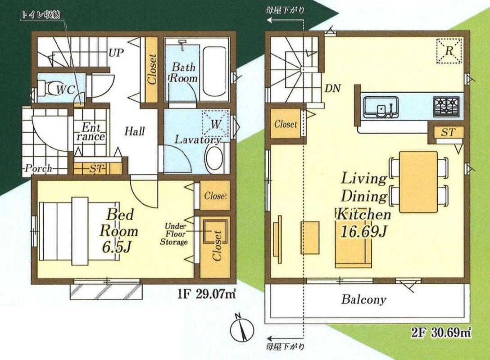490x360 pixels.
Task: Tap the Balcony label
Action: [x=363, y=299]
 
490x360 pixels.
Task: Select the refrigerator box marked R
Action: [x=449, y=50]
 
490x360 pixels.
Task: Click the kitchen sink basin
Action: [x=381, y=107]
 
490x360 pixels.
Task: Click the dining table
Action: [x=418, y=182]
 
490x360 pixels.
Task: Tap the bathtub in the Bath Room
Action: [x=214, y=72]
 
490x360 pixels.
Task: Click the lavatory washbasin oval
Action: [x=215, y=159]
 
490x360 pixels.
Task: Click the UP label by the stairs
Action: [x=116, y=53]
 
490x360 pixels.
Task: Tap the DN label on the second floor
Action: [x=332, y=88]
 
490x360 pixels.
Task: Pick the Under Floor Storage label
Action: [x=174, y=234]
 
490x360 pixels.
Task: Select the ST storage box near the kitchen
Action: [x=448, y=132]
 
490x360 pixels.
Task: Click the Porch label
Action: [x=39, y=169]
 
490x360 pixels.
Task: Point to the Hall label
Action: [x=135, y=131]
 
